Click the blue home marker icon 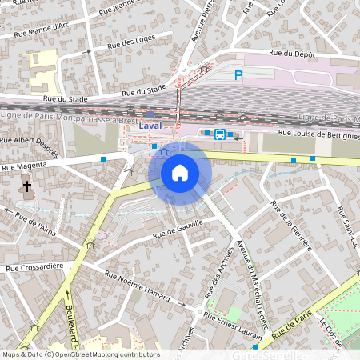pos(180,172)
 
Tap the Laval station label pos(150,126)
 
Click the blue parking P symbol pos(238,75)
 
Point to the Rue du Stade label pos(65,98)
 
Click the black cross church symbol pos(26,186)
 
